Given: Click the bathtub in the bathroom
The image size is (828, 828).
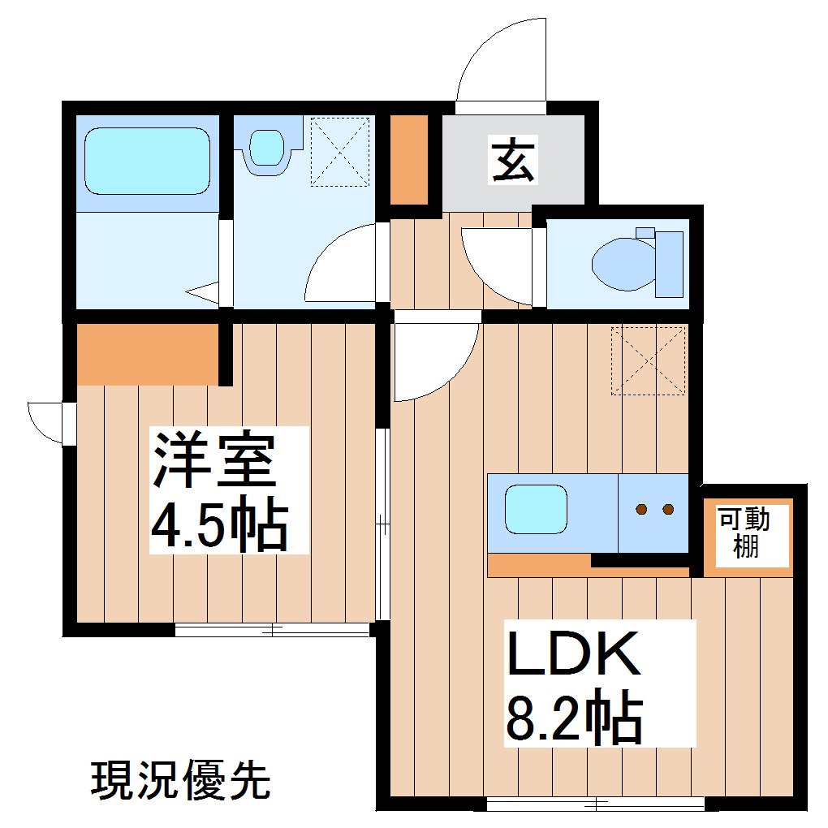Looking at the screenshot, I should click(147, 161).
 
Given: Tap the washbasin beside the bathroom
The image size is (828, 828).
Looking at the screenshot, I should click(266, 148).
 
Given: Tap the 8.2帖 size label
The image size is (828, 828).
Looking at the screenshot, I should click(575, 716).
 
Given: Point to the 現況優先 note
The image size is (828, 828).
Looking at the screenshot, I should click(180, 780).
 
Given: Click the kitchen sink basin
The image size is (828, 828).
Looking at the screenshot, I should click(536, 509).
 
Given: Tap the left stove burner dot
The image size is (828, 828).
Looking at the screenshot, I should click(641, 509).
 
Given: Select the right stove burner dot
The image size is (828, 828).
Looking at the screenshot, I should click(668, 509).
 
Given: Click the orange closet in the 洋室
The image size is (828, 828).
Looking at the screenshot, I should click(148, 355).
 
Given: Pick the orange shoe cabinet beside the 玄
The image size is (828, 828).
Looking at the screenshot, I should click(409, 160).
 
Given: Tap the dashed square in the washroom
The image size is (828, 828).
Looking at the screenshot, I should click(340, 152).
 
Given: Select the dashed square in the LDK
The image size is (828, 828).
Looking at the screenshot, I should click(648, 360).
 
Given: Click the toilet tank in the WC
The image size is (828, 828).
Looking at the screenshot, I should click(669, 264).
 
